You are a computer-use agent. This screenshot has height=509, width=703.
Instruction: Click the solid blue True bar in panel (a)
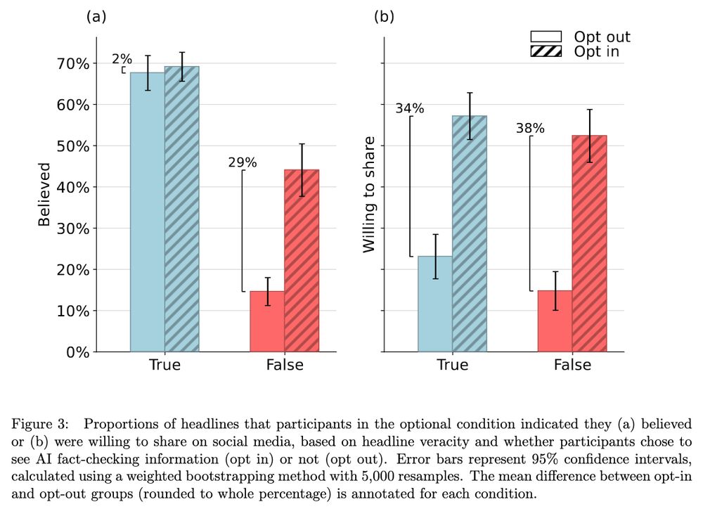(148, 212)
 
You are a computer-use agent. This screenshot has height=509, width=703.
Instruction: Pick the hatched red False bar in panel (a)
(302, 261)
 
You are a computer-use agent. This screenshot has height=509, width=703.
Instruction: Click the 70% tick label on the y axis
(74, 64)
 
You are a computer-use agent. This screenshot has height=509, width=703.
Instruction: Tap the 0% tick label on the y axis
(77, 352)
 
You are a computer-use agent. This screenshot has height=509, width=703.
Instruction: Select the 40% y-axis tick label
(74, 188)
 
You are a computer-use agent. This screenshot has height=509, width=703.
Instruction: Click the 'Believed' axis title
(44, 195)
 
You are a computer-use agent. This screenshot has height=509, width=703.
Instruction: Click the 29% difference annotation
(243, 162)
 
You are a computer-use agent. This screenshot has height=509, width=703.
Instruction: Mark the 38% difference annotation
(530, 129)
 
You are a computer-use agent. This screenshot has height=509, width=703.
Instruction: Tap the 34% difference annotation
(409, 108)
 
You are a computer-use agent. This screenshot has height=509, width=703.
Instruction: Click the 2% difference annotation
(122, 59)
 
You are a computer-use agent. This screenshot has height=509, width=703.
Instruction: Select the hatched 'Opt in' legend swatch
(546, 51)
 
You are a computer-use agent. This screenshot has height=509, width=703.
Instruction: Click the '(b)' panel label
(384, 16)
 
